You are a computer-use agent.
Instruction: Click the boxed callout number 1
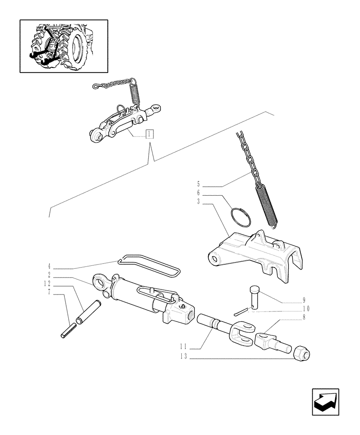[x=149, y=134]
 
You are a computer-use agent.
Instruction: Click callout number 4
[x=49, y=265]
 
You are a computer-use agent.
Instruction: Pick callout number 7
[x=49, y=292]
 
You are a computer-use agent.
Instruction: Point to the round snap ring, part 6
[x=241, y=216]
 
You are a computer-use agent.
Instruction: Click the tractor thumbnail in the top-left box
[x=63, y=46]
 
